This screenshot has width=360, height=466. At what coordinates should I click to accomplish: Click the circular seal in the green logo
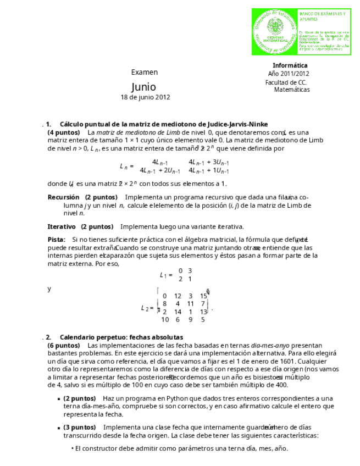click(x=274, y=31)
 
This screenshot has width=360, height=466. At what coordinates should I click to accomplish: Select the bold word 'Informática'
click(x=290, y=65)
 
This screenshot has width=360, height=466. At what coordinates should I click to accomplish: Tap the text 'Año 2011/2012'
click(x=288, y=74)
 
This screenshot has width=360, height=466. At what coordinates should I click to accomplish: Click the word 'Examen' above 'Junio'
click(x=145, y=72)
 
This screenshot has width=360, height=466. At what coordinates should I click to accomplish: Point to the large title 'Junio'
click(x=143, y=87)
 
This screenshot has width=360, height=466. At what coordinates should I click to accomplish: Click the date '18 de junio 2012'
click(x=145, y=97)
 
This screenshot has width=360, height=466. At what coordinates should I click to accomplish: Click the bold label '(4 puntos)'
click(x=64, y=132)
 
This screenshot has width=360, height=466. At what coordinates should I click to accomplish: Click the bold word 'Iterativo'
click(x=62, y=226)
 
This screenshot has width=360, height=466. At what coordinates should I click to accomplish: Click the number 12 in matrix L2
click(x=178, y=296)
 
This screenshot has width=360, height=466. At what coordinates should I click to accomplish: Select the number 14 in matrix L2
click(x=178, y=312)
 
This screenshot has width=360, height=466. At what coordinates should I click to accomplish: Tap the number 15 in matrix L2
click(x=203, y=296)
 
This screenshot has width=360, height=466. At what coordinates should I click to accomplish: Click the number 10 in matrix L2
click(x=165, y=319)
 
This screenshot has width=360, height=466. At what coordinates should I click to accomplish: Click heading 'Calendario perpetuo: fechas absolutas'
click(x=121, y=337)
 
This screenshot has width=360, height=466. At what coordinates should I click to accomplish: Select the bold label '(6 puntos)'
click(x=64, y=345)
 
